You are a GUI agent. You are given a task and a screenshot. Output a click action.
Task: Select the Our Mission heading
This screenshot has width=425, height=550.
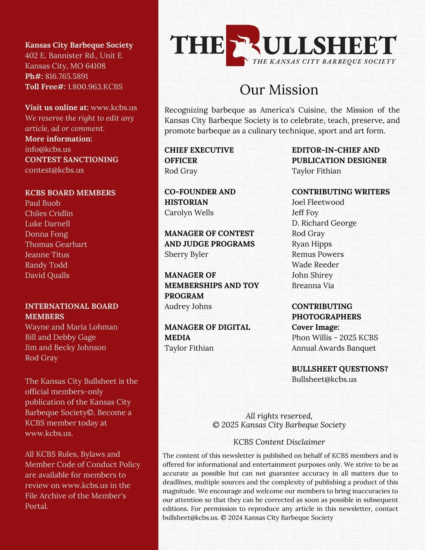[279, 90]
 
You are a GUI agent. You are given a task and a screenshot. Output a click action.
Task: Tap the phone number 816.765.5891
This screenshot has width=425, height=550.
[67, 76]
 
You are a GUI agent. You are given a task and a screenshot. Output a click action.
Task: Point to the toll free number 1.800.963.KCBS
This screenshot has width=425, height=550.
[95, 87]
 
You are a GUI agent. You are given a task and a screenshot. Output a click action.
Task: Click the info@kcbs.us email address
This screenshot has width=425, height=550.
[48, 149]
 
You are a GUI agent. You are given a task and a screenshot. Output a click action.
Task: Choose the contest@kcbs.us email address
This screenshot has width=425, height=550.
[54, 170]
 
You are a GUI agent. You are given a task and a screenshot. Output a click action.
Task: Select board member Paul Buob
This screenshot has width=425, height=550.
[42, 203]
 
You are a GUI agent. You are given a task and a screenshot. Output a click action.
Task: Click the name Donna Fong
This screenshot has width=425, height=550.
[46, 234]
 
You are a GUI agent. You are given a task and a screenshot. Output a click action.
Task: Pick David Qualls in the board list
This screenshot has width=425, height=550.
[47, 275]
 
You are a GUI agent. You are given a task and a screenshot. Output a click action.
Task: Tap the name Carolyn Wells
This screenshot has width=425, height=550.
[189, 213]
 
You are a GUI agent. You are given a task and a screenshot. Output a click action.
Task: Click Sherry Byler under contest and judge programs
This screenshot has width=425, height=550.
[186, 254]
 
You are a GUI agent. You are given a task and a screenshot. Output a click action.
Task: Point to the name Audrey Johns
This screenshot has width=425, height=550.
[188, 306]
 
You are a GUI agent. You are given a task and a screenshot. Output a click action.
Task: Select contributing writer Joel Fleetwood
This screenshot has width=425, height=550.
[318, 202]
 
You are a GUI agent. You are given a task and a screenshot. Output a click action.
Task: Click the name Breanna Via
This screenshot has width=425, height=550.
[313, 285]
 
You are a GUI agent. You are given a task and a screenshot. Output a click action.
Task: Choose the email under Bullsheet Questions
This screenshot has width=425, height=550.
[324, 379]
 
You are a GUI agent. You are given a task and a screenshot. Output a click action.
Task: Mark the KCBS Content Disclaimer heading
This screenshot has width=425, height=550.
[279, 442]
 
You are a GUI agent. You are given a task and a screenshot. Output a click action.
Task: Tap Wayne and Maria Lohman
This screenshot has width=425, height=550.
[71, 327]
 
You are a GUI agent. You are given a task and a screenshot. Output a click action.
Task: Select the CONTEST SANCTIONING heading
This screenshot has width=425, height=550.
[72, 160]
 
